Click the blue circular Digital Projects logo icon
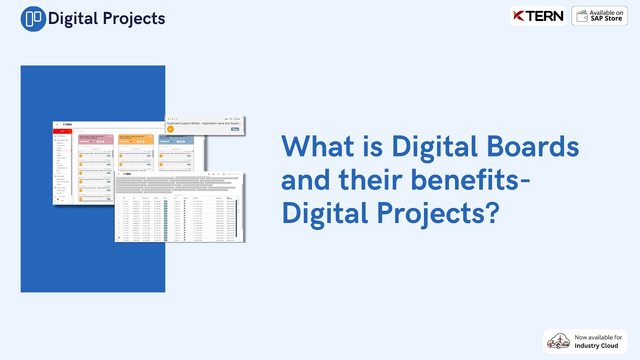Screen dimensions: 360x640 click(33, 19)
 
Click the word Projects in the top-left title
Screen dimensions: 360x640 click(135, 19)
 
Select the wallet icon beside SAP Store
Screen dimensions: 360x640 click(581, 16)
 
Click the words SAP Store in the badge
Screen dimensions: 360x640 click(605, 19)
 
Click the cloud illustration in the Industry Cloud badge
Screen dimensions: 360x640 click(558, 341)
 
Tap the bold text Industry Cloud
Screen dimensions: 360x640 click(596, 345)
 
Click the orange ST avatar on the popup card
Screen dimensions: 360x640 click(170, 129)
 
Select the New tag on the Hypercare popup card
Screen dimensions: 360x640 click(235, 129)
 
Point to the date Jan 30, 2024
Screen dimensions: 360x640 click(232, 118)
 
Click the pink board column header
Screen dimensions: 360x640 click(95, 138)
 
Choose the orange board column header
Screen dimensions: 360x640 click(135, 138)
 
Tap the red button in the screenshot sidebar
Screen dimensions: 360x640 click(62, 131)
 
